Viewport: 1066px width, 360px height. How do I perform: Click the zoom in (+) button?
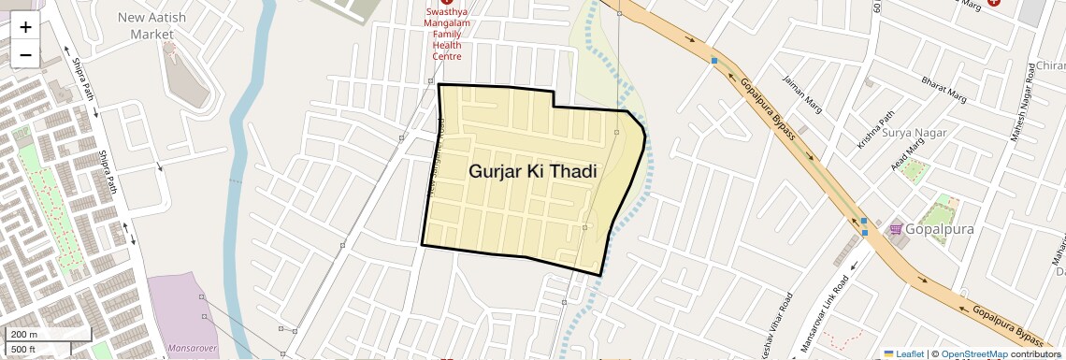[25, 27]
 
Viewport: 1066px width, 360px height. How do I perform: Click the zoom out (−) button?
[25, 55]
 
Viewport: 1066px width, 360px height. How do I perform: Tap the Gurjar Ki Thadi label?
[532, 171]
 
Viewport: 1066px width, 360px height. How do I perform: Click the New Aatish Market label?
[152, 25]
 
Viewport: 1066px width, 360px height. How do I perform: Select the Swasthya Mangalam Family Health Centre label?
[447, 35]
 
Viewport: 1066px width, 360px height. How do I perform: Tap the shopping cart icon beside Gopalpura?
[896, 228]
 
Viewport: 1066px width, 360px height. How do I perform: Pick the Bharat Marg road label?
[944, 89]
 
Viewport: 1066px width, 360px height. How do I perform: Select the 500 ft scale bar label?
[23, 350]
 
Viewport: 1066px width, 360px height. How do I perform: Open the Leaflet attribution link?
[903, 354]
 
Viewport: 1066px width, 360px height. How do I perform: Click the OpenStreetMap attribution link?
[974, 354]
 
